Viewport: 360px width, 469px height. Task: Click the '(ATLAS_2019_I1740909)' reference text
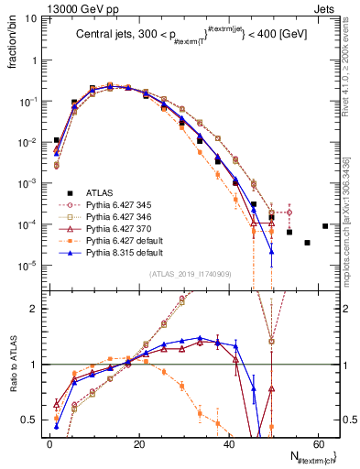[x=190, y=273]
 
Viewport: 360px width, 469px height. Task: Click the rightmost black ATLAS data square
[x=325, y=226]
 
